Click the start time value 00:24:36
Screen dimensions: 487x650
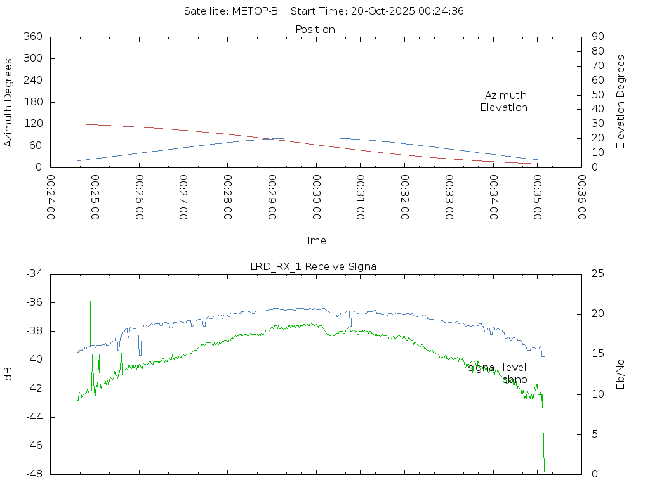click(444, 11)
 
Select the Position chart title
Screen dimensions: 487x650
click(315, 29)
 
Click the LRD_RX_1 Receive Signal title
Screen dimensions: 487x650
click(315, 266)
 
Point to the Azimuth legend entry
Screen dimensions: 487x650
click(506, 95)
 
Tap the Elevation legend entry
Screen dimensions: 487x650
click(503, 108)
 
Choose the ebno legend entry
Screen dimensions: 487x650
click(514, 379)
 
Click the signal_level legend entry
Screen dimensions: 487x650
click(498, 367)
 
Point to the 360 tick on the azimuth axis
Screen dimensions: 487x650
click(32, 36)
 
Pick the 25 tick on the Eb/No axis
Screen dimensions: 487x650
click(597, 273)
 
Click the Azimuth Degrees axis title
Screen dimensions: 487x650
click(9, 102)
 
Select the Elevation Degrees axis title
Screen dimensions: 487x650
click(621, 102)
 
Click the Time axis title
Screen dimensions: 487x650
click(314, 240)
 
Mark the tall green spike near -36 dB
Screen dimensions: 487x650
click(90, 302)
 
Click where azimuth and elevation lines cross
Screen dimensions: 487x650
click(270, 139)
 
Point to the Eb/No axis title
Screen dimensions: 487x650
click(621, 374)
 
